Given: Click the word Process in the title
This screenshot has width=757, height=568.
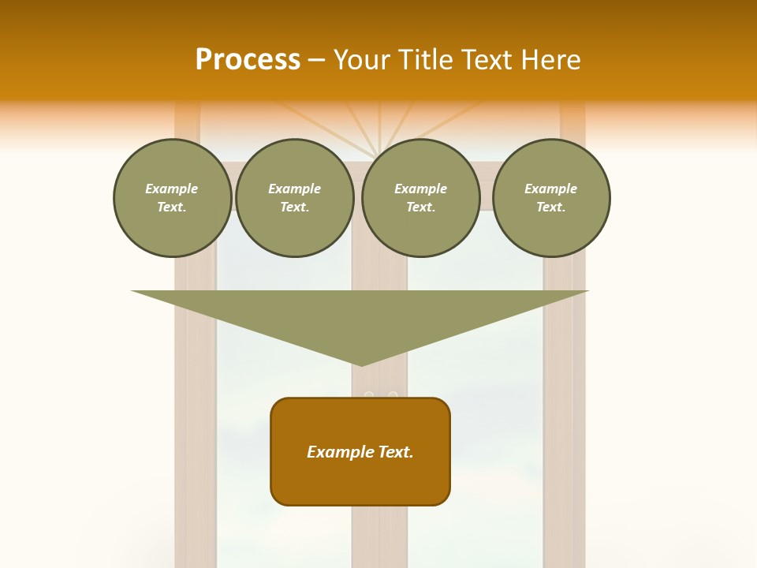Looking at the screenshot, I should (248, 60).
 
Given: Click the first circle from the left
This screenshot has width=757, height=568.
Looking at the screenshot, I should (172, 198).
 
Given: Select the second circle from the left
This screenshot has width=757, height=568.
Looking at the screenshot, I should (294, 198).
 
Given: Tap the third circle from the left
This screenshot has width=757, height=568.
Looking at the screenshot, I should (420, 198).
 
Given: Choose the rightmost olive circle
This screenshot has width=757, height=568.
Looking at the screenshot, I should (550, 198).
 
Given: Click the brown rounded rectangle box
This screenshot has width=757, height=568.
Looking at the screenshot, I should (360, 451).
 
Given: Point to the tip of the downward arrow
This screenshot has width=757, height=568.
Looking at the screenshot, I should (361, 364).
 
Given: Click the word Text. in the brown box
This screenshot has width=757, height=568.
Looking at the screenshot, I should (393, 452).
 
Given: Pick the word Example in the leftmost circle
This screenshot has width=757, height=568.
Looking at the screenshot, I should (172, 189).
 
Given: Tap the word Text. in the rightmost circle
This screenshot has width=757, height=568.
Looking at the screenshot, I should (550, 207).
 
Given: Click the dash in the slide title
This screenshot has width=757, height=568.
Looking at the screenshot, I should (316, 60).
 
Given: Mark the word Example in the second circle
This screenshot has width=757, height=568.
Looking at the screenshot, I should (294, 189).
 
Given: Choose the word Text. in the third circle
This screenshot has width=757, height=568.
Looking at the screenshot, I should (420, 207).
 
